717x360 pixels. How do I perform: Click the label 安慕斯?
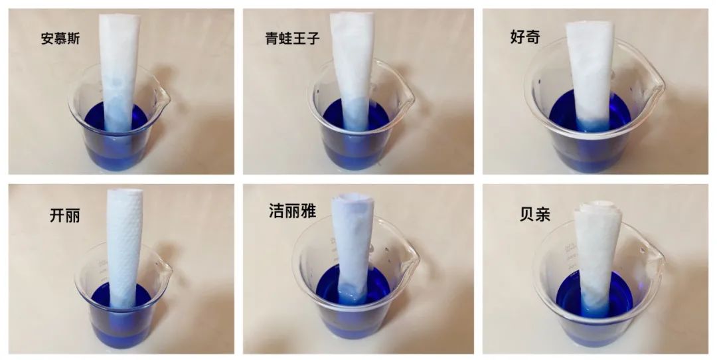pos(60,39)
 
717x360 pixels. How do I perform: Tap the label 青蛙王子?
pos(292,38)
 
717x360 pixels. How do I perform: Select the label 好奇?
pos(524,37)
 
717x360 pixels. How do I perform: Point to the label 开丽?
pos(64,215)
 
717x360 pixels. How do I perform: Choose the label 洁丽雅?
pos(292,211)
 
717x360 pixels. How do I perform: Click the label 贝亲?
pos(534,214)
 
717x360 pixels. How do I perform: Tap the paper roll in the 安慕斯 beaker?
pos(119,73)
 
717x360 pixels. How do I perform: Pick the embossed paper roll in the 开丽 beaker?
pos(124,247)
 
